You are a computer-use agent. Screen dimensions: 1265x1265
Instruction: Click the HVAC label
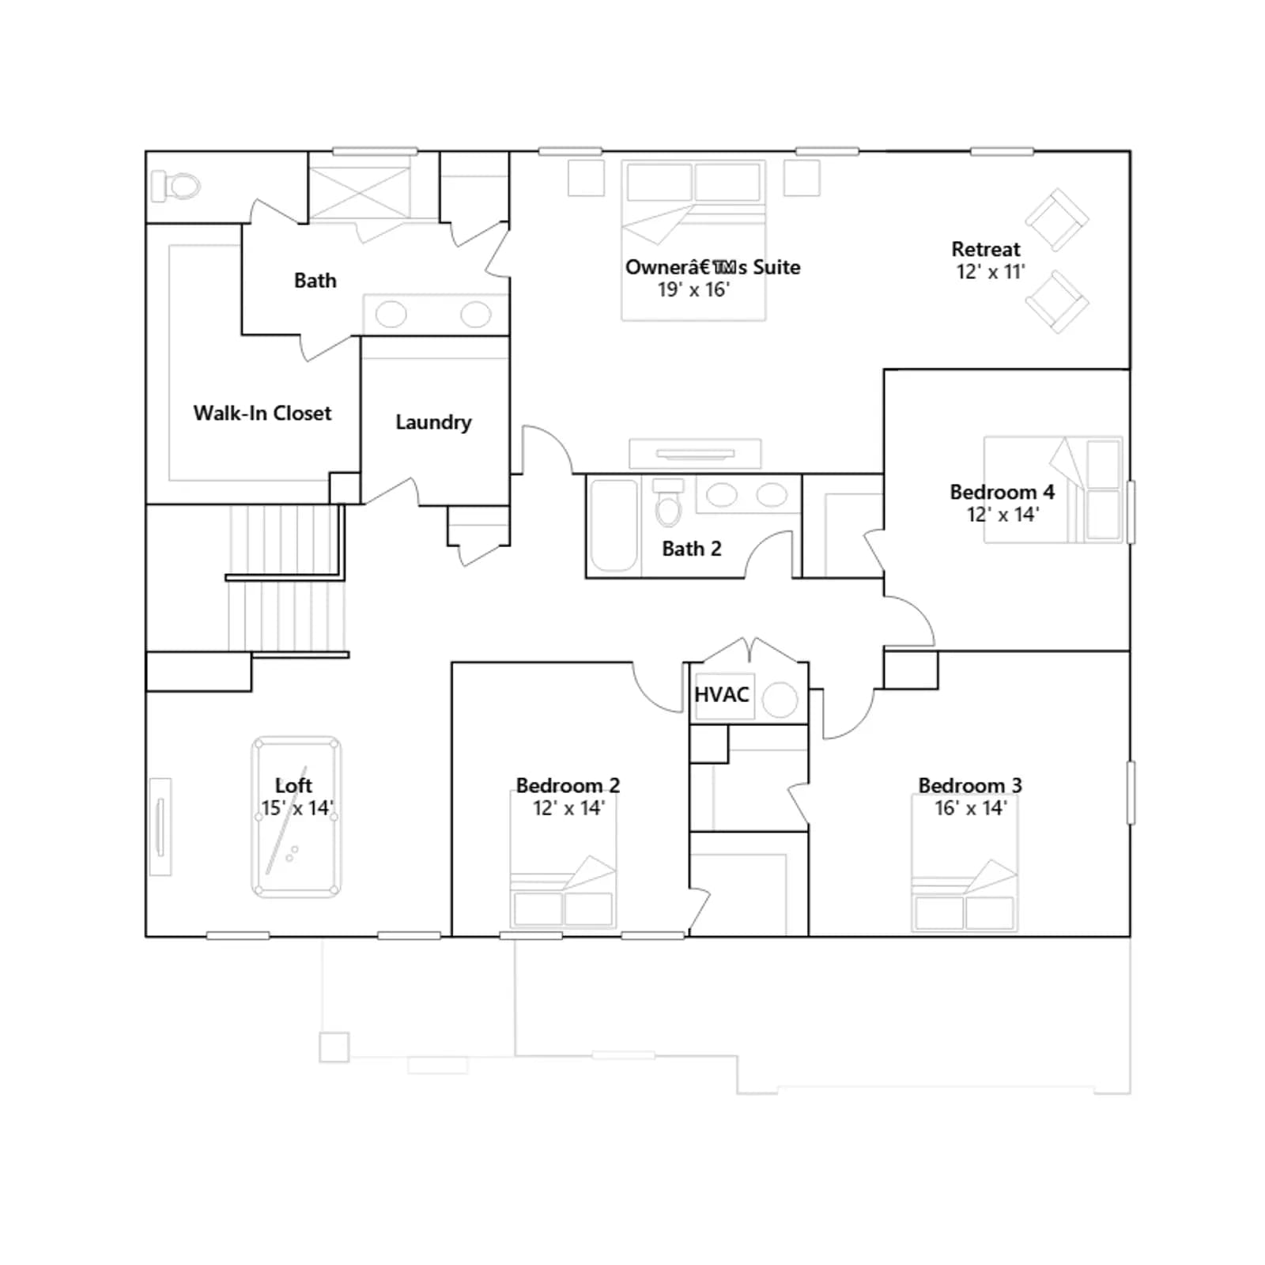click(x=721, y=694)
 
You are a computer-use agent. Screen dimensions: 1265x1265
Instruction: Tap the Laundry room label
click(x=433, y=422)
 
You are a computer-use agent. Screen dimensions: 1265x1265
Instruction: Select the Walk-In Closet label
click(x=262, y=413)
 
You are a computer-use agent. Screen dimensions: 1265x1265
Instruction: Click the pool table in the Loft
click(x=296, y=818)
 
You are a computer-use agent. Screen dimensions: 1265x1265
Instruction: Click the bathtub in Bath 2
click(x=614, y=525)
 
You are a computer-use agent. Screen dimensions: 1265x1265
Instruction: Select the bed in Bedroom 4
click(x=1052, y=489)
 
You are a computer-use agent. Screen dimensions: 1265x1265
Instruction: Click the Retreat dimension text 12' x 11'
click(x=991, y=272)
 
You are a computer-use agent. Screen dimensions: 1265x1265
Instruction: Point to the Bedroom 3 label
click(x=970, y=785)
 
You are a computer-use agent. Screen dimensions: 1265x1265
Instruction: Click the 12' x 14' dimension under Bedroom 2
click(x=568, y=808)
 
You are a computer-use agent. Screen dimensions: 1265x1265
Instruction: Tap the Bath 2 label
click(x=692, y=549)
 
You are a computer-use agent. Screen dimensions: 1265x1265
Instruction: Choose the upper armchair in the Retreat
click(x=1057, y=220)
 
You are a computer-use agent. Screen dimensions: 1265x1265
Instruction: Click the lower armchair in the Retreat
click(x=1057, y=302)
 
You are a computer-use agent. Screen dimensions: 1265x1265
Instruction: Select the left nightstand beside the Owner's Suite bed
click(x=586, y=178)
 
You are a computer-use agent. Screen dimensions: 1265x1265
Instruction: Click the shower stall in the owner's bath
click(x=360, y=187)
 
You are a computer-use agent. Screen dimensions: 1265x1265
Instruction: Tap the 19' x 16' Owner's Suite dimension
click(x=693, y=290)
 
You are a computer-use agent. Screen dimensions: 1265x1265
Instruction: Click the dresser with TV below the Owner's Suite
click(x=695, y=454)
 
